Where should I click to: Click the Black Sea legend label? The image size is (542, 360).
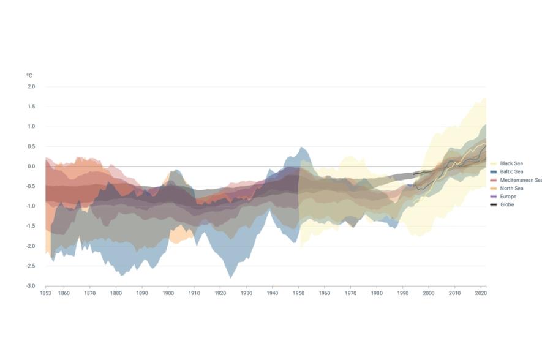coord(511,163)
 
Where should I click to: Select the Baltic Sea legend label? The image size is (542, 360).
coord(511,172)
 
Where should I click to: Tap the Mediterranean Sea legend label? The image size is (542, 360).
coord(520,180)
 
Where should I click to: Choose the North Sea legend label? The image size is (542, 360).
coord(511,188)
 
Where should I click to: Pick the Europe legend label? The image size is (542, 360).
coord(508,197)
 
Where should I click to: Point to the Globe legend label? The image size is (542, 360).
coord(507,204)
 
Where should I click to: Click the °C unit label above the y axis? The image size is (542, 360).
coord(29,75)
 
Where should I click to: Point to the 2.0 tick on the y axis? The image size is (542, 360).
coord(31,87)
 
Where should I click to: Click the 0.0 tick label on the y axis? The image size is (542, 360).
coord(31,167)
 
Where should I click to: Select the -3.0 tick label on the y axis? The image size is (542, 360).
coord(31,286)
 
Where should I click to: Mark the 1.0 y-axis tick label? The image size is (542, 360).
coord(31,127)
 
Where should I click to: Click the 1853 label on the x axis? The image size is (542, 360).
coord(45,294)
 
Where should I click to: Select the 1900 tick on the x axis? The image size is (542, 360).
coord(168,294)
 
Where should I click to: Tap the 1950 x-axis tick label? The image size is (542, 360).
coord(298,294)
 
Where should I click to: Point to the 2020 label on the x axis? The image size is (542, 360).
coord(481,294)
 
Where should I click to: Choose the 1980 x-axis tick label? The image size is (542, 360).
coord(377,294)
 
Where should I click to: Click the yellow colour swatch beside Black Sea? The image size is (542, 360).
coord(494,163)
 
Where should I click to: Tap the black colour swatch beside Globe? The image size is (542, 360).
coord(494,204)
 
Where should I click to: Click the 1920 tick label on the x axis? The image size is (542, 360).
coord(220,294)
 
